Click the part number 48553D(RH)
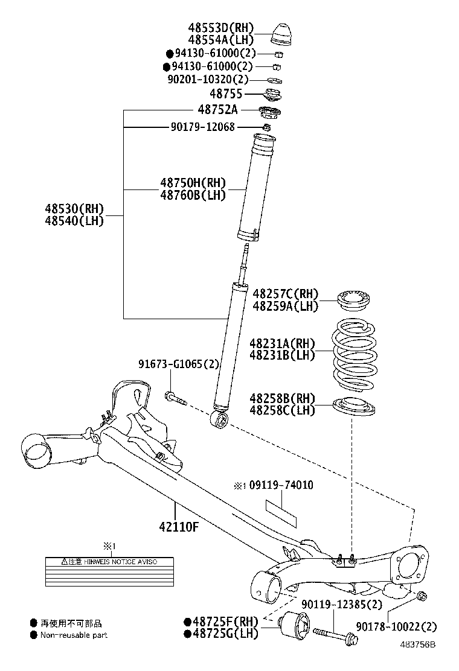click(x=220, y=28)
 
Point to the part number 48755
click(x=226, y=94)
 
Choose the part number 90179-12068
click(x=202, y=127)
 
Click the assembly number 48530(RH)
click(x=74, y=209)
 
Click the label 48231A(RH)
click(x=283, y=343)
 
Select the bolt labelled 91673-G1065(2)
click(x=175, y=398)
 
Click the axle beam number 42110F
click(x=179, y=526)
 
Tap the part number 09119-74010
click(x=281, y=485)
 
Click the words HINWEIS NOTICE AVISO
click(x=121, y=562)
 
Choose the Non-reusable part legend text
click(x=74, y=635)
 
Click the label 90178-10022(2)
click(x=396, y=627)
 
